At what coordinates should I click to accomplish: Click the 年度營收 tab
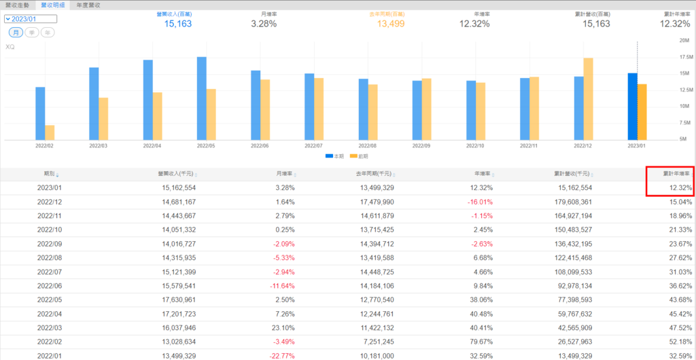88,5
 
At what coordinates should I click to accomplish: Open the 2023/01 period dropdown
30,19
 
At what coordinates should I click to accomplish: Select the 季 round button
31,33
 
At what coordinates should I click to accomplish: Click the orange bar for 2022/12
588,98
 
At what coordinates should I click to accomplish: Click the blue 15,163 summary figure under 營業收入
178,24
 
